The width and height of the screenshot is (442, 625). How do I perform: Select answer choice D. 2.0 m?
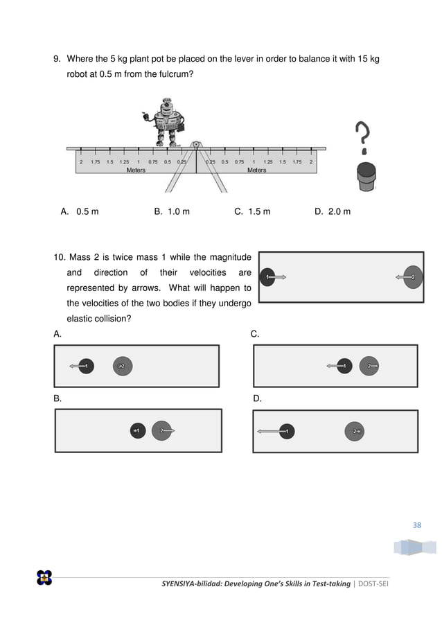click(333, 211)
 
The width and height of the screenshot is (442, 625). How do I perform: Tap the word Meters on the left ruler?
click(136, 170)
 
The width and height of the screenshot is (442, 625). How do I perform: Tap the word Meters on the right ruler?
click(257, 170)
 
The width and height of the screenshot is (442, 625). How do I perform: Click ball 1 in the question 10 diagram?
click(268, 277)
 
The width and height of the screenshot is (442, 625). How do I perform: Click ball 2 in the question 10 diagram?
click(413, 277)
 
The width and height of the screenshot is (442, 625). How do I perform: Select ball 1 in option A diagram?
click(86, 365)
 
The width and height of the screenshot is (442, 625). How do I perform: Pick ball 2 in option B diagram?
click(161, 431)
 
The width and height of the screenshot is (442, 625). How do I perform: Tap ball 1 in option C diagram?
click(344, 365)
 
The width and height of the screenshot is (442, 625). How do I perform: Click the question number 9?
click(58, 59)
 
